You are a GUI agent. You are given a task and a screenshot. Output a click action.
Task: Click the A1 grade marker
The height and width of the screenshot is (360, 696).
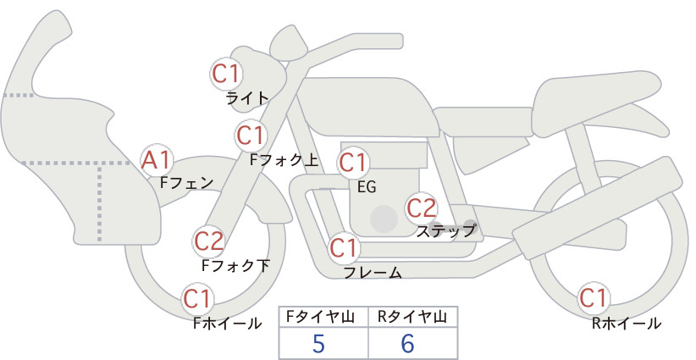(156, 161)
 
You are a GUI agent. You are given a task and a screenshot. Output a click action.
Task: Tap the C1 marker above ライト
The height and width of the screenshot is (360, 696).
(226, 74)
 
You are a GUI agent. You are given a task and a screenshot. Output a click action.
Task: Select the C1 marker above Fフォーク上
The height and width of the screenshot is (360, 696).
(251, 136)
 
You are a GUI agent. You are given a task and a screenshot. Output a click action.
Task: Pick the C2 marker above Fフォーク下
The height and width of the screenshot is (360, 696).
(209, 241)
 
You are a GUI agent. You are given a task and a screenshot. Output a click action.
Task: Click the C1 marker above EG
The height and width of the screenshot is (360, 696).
(353, 163)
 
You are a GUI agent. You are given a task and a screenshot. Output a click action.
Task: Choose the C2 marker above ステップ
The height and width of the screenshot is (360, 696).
(422, 208)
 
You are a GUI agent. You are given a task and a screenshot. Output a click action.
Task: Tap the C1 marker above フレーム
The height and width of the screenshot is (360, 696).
(344, 247)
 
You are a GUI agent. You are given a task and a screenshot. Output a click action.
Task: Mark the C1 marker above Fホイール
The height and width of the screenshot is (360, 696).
(197, 299)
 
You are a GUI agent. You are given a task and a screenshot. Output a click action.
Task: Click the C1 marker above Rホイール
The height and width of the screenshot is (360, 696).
(594, 298)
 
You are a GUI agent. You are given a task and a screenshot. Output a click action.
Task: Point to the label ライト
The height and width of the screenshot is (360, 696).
(247, 97)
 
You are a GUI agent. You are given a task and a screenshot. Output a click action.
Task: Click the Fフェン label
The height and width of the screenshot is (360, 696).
(186, 182)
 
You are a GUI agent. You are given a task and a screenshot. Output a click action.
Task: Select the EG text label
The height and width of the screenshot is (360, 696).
(367, 187)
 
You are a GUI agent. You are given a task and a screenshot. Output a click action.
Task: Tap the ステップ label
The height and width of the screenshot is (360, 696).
(445, 231)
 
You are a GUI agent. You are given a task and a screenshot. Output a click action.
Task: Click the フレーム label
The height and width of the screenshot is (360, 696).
(373, 272)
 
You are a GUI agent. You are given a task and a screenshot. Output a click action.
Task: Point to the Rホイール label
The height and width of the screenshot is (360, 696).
(627, 324)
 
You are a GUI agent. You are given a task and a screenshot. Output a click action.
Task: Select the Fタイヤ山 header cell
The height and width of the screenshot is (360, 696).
(323, 317)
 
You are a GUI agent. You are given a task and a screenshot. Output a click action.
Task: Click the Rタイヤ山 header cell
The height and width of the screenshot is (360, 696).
(413, 317)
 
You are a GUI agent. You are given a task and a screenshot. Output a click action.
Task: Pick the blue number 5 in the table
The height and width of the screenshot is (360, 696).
(318, 343)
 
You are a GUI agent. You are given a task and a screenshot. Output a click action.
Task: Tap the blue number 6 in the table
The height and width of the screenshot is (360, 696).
(407, 343)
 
